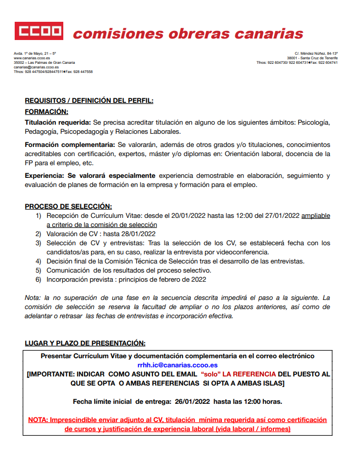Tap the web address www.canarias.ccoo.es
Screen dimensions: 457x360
[x=28, y=58]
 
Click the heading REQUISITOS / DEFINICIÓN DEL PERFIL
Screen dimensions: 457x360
[x=89, y=101]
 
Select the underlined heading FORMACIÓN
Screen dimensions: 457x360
[x=47, y=111]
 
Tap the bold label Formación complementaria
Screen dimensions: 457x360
[x=71, y=145]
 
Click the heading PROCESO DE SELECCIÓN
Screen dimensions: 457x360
[x=68, y=207]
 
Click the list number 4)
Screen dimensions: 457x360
[x=38, y=261]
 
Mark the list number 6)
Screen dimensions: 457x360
[x=38, y=279]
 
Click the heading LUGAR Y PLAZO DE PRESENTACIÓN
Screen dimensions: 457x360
[x=85, y=344]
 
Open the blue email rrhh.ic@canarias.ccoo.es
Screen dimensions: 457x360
[x=177, y=365]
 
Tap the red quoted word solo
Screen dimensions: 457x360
[x=212, y=374]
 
